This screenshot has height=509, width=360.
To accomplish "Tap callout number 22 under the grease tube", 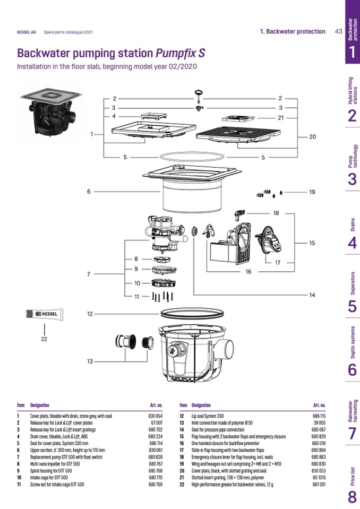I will tap(44, 340).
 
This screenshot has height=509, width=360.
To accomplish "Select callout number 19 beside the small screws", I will tap(312, 192).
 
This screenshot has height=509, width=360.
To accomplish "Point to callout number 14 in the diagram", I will tap(312, 295).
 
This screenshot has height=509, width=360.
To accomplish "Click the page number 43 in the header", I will tap(338, 31).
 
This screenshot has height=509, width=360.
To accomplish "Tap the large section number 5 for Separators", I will tap(352, 307).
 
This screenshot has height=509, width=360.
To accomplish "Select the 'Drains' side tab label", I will tap(353, 225).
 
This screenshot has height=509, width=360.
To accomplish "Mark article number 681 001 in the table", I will tap(319, 484).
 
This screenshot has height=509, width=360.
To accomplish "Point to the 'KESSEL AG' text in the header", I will tap(27, 32).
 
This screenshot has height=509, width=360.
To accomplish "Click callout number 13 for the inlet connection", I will tap(90, 361).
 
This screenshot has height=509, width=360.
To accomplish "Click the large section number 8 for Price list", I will tap(352, 497).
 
